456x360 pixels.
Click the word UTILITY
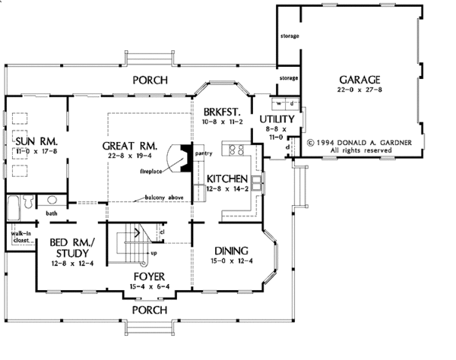pyautogui.click(x=277, y=120)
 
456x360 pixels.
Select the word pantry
pyautogui.click(x=202, y=153)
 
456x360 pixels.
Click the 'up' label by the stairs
pyautogui.click(x=155, y=253)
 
